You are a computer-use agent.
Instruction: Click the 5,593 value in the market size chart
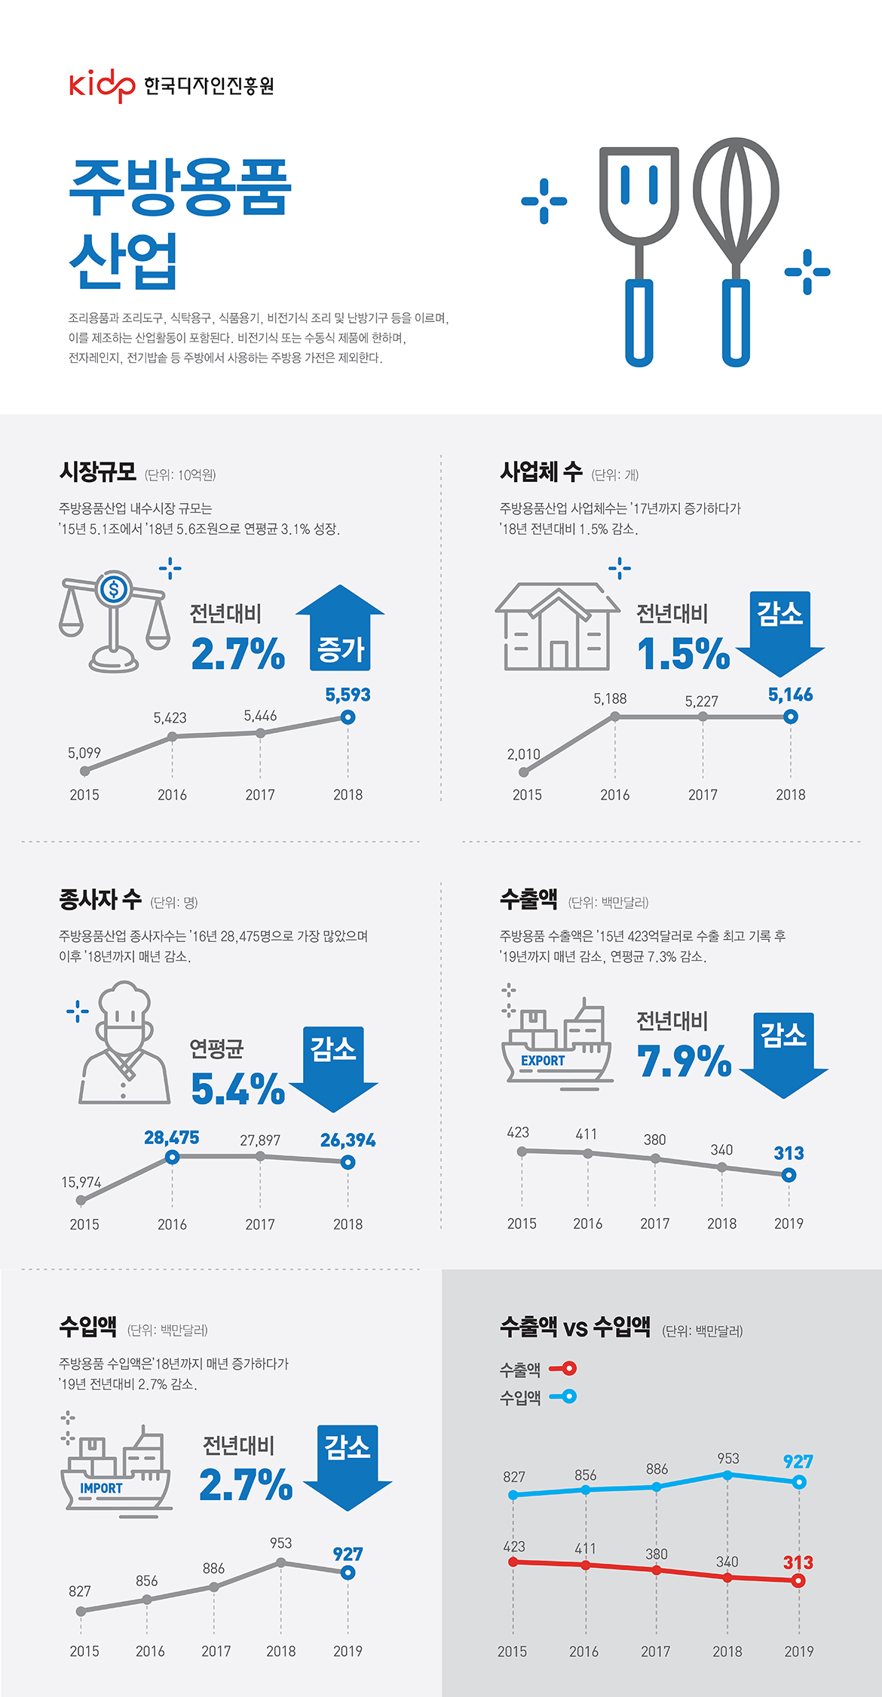coord(348,695)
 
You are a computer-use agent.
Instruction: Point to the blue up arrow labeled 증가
coord(340,630)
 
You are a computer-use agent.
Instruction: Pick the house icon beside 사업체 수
coord(556,626)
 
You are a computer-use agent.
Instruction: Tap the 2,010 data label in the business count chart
coord(523,754)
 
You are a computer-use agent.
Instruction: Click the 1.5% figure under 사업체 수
coord(683,654)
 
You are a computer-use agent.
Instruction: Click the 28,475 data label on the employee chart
coord(172,1137)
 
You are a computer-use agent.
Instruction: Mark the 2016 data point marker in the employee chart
coord(172,1157)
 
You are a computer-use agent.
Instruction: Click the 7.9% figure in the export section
coord(684,1061)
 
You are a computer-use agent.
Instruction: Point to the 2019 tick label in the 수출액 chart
coord(789,1223)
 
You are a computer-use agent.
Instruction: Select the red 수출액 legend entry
coord(538,1369)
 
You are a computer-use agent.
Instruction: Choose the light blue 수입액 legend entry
coord(538,1397)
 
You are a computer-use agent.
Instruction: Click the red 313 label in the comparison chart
coord(798,1562)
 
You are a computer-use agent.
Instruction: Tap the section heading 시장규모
coord(98,472)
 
